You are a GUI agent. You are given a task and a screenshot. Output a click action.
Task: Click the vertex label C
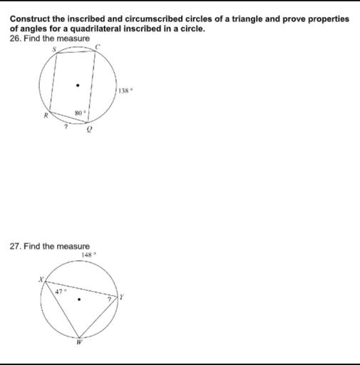coord(101,46)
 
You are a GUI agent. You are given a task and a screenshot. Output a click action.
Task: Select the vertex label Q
coord(90,130)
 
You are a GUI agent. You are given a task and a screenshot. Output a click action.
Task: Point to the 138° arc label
coord(125,91)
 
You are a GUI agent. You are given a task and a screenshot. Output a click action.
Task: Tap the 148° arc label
coord(87,254)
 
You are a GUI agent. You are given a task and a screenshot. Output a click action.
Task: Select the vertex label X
coord(42,281)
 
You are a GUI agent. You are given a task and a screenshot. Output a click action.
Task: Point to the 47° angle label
coord(61,291)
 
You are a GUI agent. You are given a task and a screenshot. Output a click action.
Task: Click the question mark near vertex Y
coord(110,299)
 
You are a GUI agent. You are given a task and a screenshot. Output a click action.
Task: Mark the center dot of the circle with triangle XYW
coord(80,299)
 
